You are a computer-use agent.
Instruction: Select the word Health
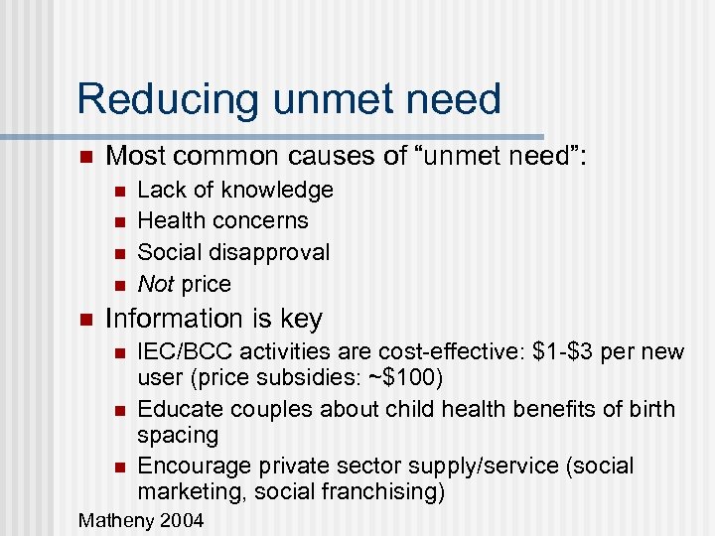point(169,220)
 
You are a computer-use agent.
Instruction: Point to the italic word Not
point(156,284)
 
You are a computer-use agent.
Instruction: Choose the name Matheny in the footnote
point(113,519)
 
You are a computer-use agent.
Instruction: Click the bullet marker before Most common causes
point(85,156)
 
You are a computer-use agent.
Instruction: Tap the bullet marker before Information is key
point(85,320)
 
